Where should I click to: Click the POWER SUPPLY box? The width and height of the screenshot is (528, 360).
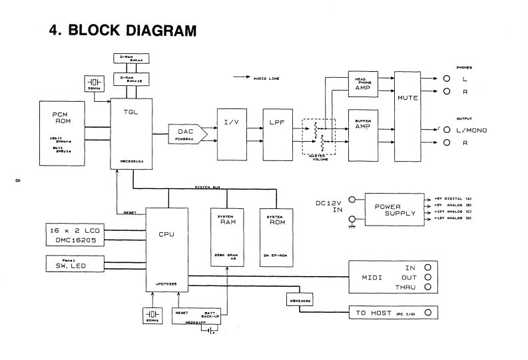pos(390,210)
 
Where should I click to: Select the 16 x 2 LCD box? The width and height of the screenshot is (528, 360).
pos(73,236)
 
